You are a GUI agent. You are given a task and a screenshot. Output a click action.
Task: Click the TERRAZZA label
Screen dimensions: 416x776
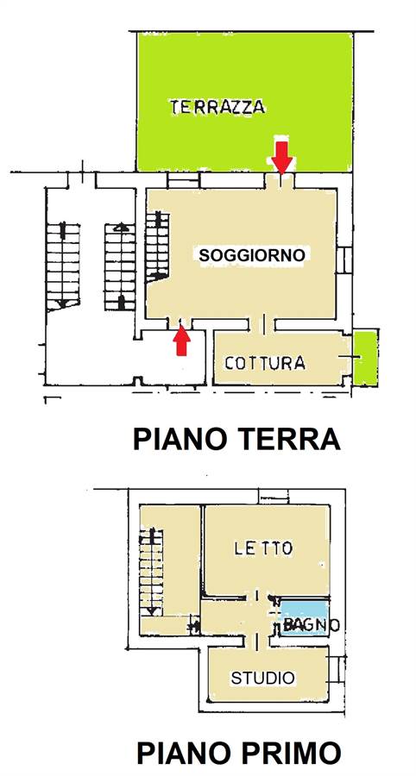click(217, 107)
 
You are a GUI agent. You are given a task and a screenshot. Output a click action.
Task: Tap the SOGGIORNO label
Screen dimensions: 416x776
click(251, 255)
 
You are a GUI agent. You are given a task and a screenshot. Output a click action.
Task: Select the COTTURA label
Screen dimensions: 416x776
click(264, 363)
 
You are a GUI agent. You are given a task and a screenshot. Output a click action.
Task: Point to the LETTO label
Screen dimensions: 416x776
click(263, 548)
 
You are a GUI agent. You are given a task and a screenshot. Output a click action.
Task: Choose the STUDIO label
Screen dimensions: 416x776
click(263, 678)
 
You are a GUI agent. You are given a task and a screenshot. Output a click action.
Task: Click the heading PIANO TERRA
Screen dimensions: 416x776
click(236, 439)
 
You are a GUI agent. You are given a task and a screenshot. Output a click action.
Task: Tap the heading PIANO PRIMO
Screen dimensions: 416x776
click(239, 754)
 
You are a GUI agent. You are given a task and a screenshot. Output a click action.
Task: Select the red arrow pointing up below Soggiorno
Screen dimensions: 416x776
click(182, 340)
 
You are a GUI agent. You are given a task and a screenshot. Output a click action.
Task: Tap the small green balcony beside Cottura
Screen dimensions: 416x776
click(366, 359)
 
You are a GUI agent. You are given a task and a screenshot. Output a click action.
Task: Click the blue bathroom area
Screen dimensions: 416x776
click(305, 617)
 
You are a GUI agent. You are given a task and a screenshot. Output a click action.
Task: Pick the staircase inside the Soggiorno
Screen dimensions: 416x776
click(157, 247)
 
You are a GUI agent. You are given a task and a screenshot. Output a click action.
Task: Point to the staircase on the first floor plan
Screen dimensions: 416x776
click(151, 573)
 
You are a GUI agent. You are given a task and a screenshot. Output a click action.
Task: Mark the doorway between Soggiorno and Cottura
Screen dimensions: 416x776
click(262, 324)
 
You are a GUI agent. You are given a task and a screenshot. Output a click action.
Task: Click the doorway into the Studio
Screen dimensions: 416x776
click(257, 641)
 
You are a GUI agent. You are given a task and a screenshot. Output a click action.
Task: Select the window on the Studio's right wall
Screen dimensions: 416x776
click(337, 670)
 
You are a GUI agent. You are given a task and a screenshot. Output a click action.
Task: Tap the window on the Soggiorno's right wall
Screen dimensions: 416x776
click(344, 260)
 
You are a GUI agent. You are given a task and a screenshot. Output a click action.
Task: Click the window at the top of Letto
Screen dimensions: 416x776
click(274, 497)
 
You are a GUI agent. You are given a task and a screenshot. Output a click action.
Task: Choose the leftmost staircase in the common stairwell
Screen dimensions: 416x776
click(63, 266)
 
